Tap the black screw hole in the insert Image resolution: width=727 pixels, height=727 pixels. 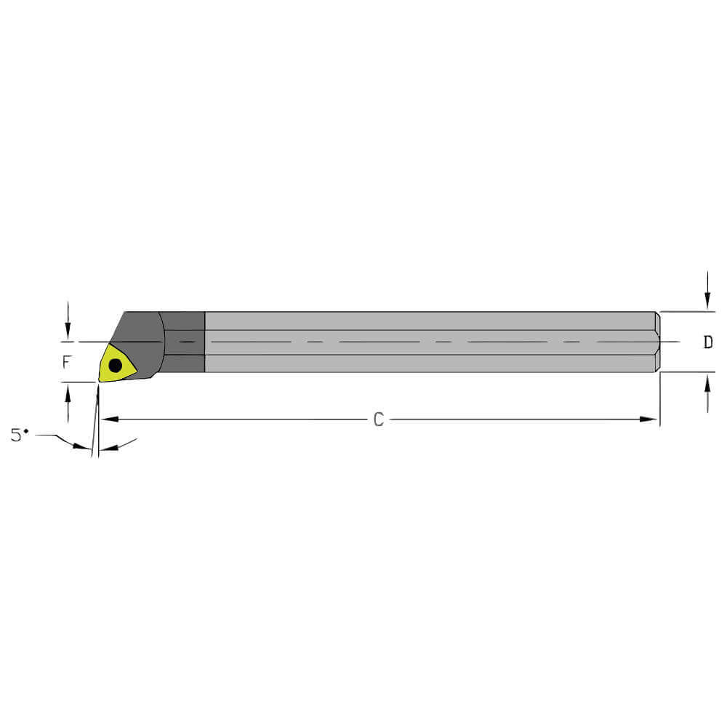(115, 366)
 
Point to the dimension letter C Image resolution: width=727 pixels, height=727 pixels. (378, 419)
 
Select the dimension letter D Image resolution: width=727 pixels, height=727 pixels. (707, 342)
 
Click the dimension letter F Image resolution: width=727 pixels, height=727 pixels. (67, 361)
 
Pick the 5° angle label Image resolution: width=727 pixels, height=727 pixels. (20, 435)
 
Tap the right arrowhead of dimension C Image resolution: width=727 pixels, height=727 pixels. (651, 419)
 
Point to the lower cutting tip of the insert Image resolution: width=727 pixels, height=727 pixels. (100, 380)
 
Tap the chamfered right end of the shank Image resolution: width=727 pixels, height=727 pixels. (657, 342)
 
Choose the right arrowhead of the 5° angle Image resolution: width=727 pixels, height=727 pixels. (106, 449)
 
